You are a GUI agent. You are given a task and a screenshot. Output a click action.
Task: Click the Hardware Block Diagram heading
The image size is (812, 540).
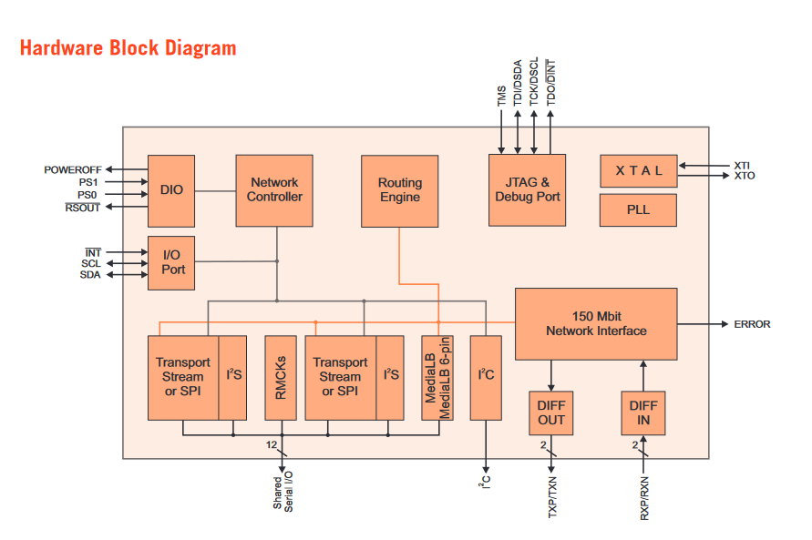click(x=128, y=48)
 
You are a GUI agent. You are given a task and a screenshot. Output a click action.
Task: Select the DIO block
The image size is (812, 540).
click(x=171, y=190)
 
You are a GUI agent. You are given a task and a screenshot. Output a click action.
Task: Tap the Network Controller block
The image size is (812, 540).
click(x=274, y=190)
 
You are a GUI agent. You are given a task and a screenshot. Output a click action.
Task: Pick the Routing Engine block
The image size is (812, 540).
click(x=399, y=190)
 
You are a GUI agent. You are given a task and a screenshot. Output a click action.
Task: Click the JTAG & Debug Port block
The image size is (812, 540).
click(x=527, y=190)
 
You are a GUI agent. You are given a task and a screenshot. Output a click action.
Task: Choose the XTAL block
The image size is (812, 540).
click(x=638, y=170)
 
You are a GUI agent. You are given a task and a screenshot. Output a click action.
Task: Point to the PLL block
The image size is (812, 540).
click(x=638, y=210)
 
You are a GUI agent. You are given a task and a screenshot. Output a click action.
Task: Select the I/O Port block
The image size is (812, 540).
click(x=171, y=262)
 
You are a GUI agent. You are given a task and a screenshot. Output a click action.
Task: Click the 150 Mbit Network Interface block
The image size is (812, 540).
click(x=596, y=324)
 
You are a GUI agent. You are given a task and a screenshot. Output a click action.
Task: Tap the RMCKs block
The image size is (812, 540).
click(x=281, y=378)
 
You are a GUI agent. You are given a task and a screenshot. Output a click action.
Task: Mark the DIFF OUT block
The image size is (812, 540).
click(x=550, y=413)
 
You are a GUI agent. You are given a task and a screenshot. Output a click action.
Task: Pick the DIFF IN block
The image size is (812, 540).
click(x=643, y=413)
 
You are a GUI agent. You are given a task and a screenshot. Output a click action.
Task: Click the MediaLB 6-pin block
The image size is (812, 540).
click(x=437, y=378)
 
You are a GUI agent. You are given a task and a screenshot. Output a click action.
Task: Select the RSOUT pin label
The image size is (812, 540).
click(x=82, y=208)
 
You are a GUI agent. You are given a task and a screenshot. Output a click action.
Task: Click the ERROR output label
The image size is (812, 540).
click(x=752, y=324)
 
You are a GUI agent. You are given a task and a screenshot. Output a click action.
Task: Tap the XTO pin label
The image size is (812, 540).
click(x=744, y=176)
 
